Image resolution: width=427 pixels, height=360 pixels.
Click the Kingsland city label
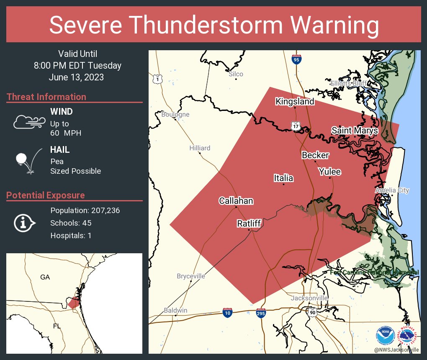pos(295,102)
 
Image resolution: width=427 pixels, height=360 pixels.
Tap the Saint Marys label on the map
pos(355,131)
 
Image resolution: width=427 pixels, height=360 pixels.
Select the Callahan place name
pos(236,201)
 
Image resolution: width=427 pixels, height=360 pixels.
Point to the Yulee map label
pos(329,172)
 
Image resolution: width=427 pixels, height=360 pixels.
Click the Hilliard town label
pos(200,148)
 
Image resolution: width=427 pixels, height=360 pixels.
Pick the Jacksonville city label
pos(309,298)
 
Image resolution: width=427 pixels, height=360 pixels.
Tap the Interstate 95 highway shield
pos(296,59)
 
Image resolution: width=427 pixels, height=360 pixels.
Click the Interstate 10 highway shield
pos(227,313)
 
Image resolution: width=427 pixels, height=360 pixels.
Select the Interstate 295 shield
pos(260,313)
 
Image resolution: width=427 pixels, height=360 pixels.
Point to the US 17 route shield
pos(296,126)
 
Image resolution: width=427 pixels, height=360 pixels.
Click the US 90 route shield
pos(312,312)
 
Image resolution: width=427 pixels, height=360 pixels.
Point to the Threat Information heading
pos(46,97)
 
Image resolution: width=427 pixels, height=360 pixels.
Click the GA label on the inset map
pos(45,277)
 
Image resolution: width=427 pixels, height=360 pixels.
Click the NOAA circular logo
pos(385,336)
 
